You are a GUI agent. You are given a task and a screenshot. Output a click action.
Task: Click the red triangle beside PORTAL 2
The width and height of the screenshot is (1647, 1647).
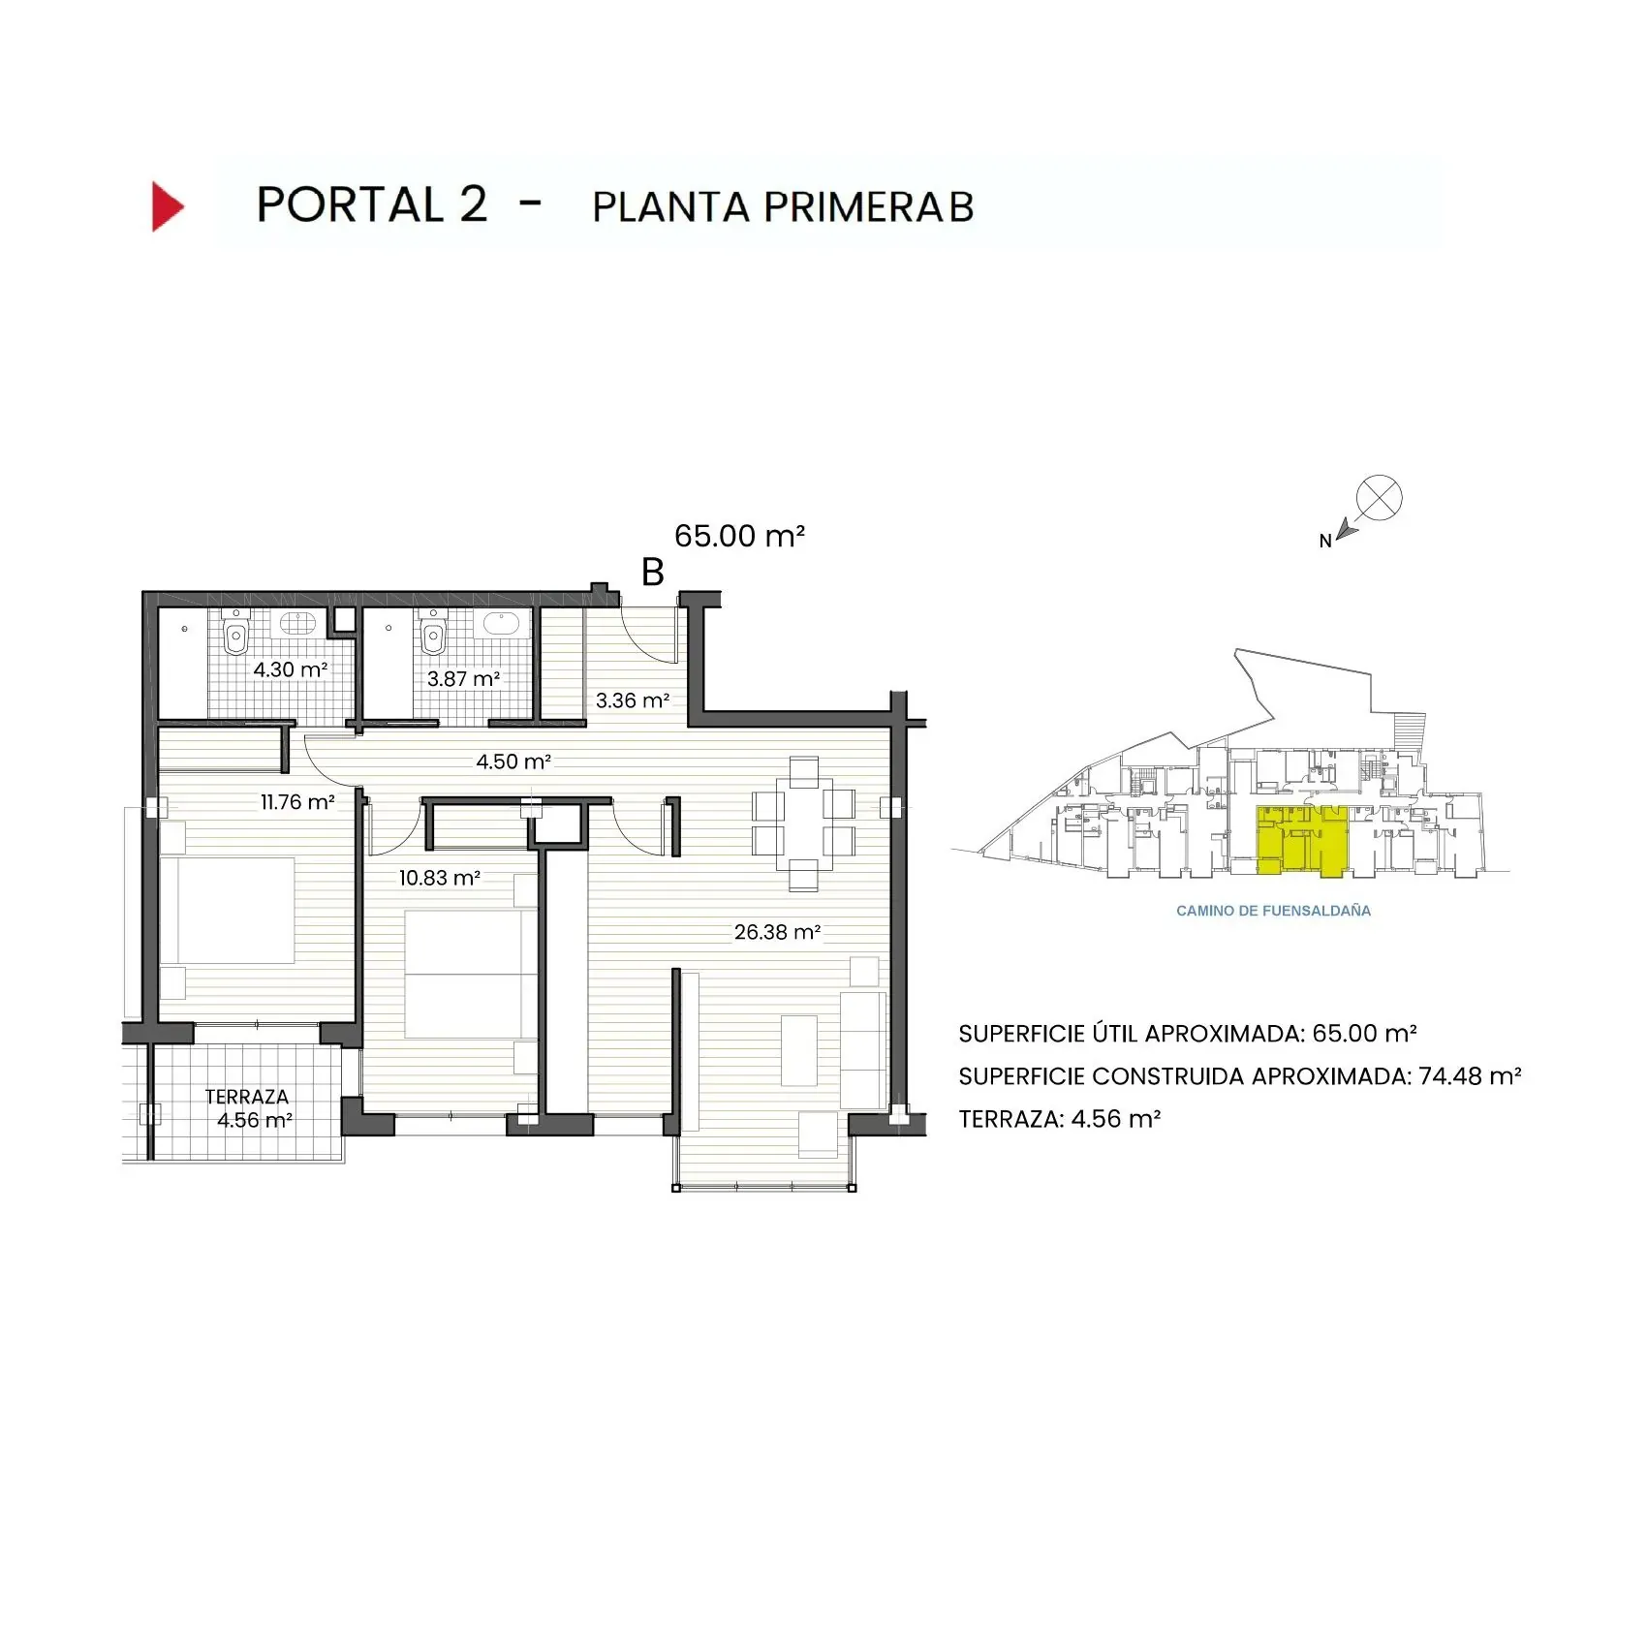tap(167, 206)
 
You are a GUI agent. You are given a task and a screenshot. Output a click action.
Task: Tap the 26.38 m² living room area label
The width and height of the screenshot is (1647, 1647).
tap(777, 932)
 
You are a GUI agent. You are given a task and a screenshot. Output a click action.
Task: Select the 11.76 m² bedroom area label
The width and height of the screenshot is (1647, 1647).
tap(297, 802)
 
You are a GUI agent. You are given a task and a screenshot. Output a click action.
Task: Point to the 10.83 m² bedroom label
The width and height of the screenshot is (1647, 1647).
tap(440, 878)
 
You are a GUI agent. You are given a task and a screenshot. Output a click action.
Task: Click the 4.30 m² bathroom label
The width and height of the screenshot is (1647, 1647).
tap(291, 669)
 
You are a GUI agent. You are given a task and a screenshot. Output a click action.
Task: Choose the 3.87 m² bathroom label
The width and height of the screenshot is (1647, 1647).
tap(464, 679)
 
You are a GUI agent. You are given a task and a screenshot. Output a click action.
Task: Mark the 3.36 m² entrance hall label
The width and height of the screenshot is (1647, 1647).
tap(633, 700)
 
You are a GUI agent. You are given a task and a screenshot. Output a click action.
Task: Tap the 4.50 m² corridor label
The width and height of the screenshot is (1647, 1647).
tap(513, 761)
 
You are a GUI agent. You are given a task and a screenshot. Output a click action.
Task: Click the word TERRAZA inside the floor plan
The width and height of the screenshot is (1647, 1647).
tap(247, 1097)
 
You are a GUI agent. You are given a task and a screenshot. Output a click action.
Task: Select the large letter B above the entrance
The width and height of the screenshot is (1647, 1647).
tap(653, 573)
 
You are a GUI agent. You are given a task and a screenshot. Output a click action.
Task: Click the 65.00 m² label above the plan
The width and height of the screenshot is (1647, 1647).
tap(739, 536)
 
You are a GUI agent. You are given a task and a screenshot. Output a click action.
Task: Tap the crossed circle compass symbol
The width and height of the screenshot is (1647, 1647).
tap(1379, 498)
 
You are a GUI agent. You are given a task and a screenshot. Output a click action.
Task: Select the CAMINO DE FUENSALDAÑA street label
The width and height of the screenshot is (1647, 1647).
tap(1273, 911)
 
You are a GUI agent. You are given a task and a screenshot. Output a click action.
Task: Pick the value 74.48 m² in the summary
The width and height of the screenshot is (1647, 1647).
tap(1470, 1076)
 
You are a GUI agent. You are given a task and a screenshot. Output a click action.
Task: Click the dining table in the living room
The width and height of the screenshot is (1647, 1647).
tap(804, 823)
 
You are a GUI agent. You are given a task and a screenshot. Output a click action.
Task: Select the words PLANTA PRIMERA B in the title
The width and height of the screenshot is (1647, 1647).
tap(783, 207)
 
